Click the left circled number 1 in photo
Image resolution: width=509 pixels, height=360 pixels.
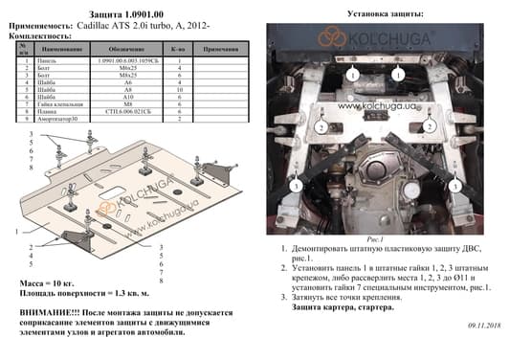point(352,75)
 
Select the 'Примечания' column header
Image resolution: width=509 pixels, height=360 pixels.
point(221,47)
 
